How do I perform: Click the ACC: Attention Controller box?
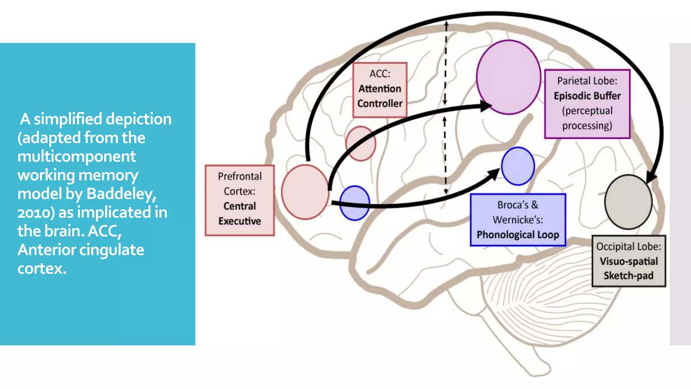380,90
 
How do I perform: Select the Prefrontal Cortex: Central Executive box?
240,200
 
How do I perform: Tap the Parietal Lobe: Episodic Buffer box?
587,104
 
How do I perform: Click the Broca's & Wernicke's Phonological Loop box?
518,220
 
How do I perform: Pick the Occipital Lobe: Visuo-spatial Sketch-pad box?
629,261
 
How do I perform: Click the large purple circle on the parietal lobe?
508,77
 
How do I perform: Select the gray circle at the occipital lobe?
628,202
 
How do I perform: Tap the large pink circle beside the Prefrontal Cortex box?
305,192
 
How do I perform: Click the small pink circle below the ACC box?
360,144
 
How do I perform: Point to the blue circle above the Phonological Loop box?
518,166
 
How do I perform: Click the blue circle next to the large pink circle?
354,203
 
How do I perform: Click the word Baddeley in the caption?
121,194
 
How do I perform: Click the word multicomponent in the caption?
77,156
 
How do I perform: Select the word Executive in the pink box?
240,221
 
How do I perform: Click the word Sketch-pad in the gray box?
628,276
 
